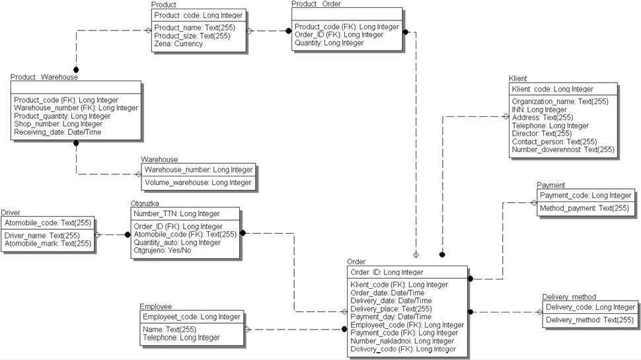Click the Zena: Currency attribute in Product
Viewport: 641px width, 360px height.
pos(178,44)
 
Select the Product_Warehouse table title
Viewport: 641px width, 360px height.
pos(44,77)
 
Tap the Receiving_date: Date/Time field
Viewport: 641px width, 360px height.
pos(57,132)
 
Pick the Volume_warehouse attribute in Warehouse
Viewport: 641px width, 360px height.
pos(198,182)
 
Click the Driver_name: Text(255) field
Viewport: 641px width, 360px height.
pos(42,235)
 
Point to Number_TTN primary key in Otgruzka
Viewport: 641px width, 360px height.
pos(176,213)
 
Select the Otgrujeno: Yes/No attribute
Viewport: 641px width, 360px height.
pos(163,250)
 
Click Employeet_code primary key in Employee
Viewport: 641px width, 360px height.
pos(192,317)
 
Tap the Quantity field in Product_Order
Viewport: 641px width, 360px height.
pos(329,43)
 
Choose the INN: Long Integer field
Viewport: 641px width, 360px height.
pos(539,110)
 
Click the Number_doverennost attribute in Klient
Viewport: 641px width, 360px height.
pos(563,149)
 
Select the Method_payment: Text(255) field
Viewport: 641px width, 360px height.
pos(584,208)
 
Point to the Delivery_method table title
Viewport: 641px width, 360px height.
pos(569,297)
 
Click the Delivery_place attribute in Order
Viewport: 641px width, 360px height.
pos(391,308)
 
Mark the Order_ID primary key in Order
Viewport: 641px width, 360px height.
pos(387,272)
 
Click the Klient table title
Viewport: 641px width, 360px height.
pos(519,79)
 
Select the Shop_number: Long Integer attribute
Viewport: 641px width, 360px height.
pos(58,124)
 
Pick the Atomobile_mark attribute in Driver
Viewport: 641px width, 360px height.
pos(48,244)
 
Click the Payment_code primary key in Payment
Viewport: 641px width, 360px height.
pos(585,196)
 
